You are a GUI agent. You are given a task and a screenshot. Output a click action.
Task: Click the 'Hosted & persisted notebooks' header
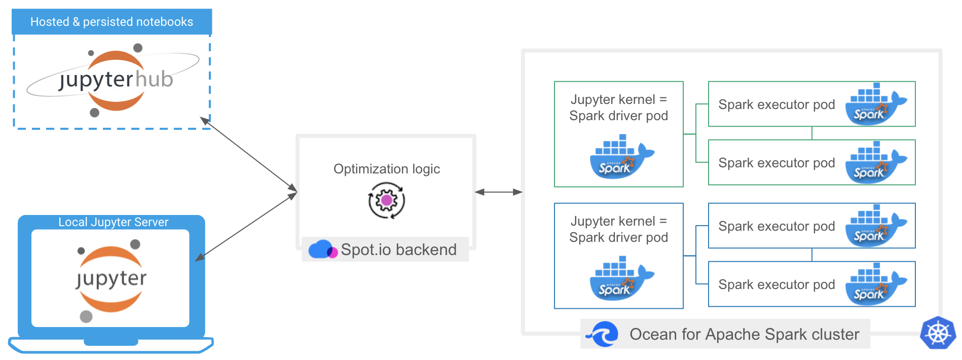pyautogui.click(x=112, y=22)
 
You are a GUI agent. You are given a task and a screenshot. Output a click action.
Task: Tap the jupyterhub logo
pyautogui.click(x=115, y=80)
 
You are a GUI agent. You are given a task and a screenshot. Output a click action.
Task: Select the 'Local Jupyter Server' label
pyautogui.click(x=113, y=222)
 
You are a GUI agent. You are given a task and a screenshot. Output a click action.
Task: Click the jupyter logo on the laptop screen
pyautogui.click(x=111, y=279)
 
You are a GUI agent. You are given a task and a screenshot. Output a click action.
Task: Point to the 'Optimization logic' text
pyautogui.click(x=386, y=169)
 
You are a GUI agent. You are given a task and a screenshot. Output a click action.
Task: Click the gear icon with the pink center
pyautogui.click(x=386, y=201)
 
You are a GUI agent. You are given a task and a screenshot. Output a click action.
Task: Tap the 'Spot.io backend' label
pyautogui.click(x=398, y=249)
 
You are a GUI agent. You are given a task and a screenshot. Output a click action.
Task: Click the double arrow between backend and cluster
pyautogui.click(x=499, y=192)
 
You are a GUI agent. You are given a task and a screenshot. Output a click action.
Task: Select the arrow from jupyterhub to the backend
pyautogui.click(x=248, y=155)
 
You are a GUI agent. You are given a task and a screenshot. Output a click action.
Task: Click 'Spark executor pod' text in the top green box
pyautogui.click(x=776, y=104)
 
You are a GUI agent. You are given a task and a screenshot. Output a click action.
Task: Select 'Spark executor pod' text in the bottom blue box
pyautogui.click(x=776, y=284)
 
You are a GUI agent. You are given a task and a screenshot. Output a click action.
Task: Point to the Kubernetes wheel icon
pyautogui.click(x=938, y=333)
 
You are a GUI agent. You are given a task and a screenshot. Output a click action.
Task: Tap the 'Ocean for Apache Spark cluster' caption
pyautogui.click(x=744, y=334)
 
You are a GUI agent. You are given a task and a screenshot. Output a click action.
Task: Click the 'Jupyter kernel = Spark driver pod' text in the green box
pyautogui.click(x=618, y=107)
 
